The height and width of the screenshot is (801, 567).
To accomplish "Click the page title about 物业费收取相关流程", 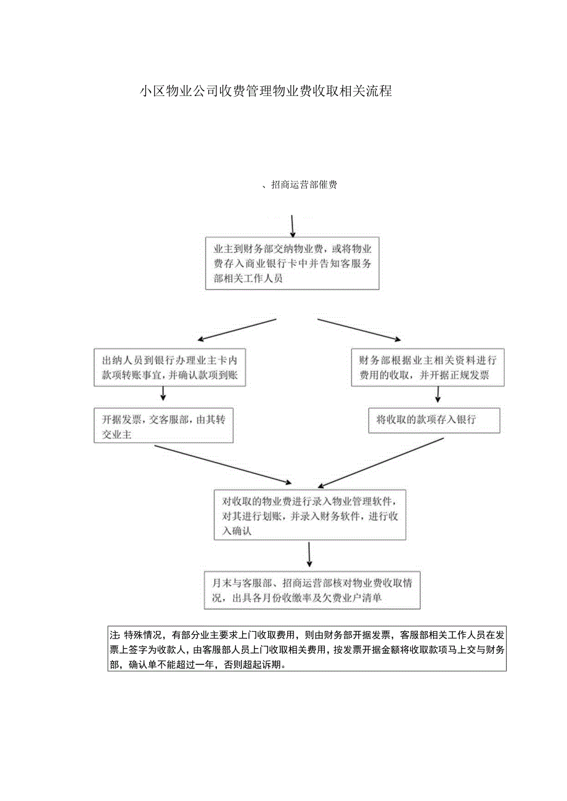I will (266, 92).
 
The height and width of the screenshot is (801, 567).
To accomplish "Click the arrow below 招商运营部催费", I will (293, 226).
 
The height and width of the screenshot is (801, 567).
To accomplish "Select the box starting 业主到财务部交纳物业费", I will (292, 264).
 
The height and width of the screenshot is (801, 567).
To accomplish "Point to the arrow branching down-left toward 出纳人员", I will (236, 329).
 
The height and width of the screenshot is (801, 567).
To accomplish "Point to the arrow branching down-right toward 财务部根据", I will (359, 329).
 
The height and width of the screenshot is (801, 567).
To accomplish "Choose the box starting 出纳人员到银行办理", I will (169, 368).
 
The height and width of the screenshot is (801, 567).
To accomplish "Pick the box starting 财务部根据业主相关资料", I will (428, 368).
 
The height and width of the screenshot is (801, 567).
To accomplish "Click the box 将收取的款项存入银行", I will (434, 421).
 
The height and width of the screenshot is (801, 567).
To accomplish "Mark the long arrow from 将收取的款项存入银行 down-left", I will (382, 462).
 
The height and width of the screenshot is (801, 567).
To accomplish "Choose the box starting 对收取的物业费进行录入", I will (310, 515).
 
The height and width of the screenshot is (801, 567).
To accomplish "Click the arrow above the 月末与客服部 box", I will (309, 555).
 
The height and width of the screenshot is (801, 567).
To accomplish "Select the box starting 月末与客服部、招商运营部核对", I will (312, 590).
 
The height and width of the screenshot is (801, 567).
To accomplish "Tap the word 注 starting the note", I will (113, 635).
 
